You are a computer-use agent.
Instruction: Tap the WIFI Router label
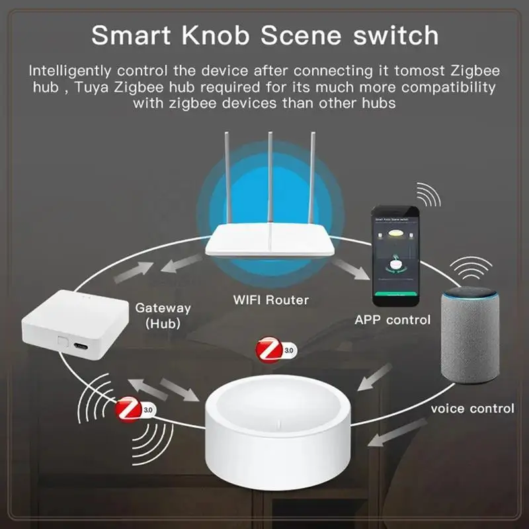(271, 300)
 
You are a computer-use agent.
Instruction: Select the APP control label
(393, 320)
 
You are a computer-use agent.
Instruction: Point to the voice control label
(472, 408)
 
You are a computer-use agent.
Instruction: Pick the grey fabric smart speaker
(469, 344)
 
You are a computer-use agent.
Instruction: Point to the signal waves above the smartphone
(427, 194)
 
